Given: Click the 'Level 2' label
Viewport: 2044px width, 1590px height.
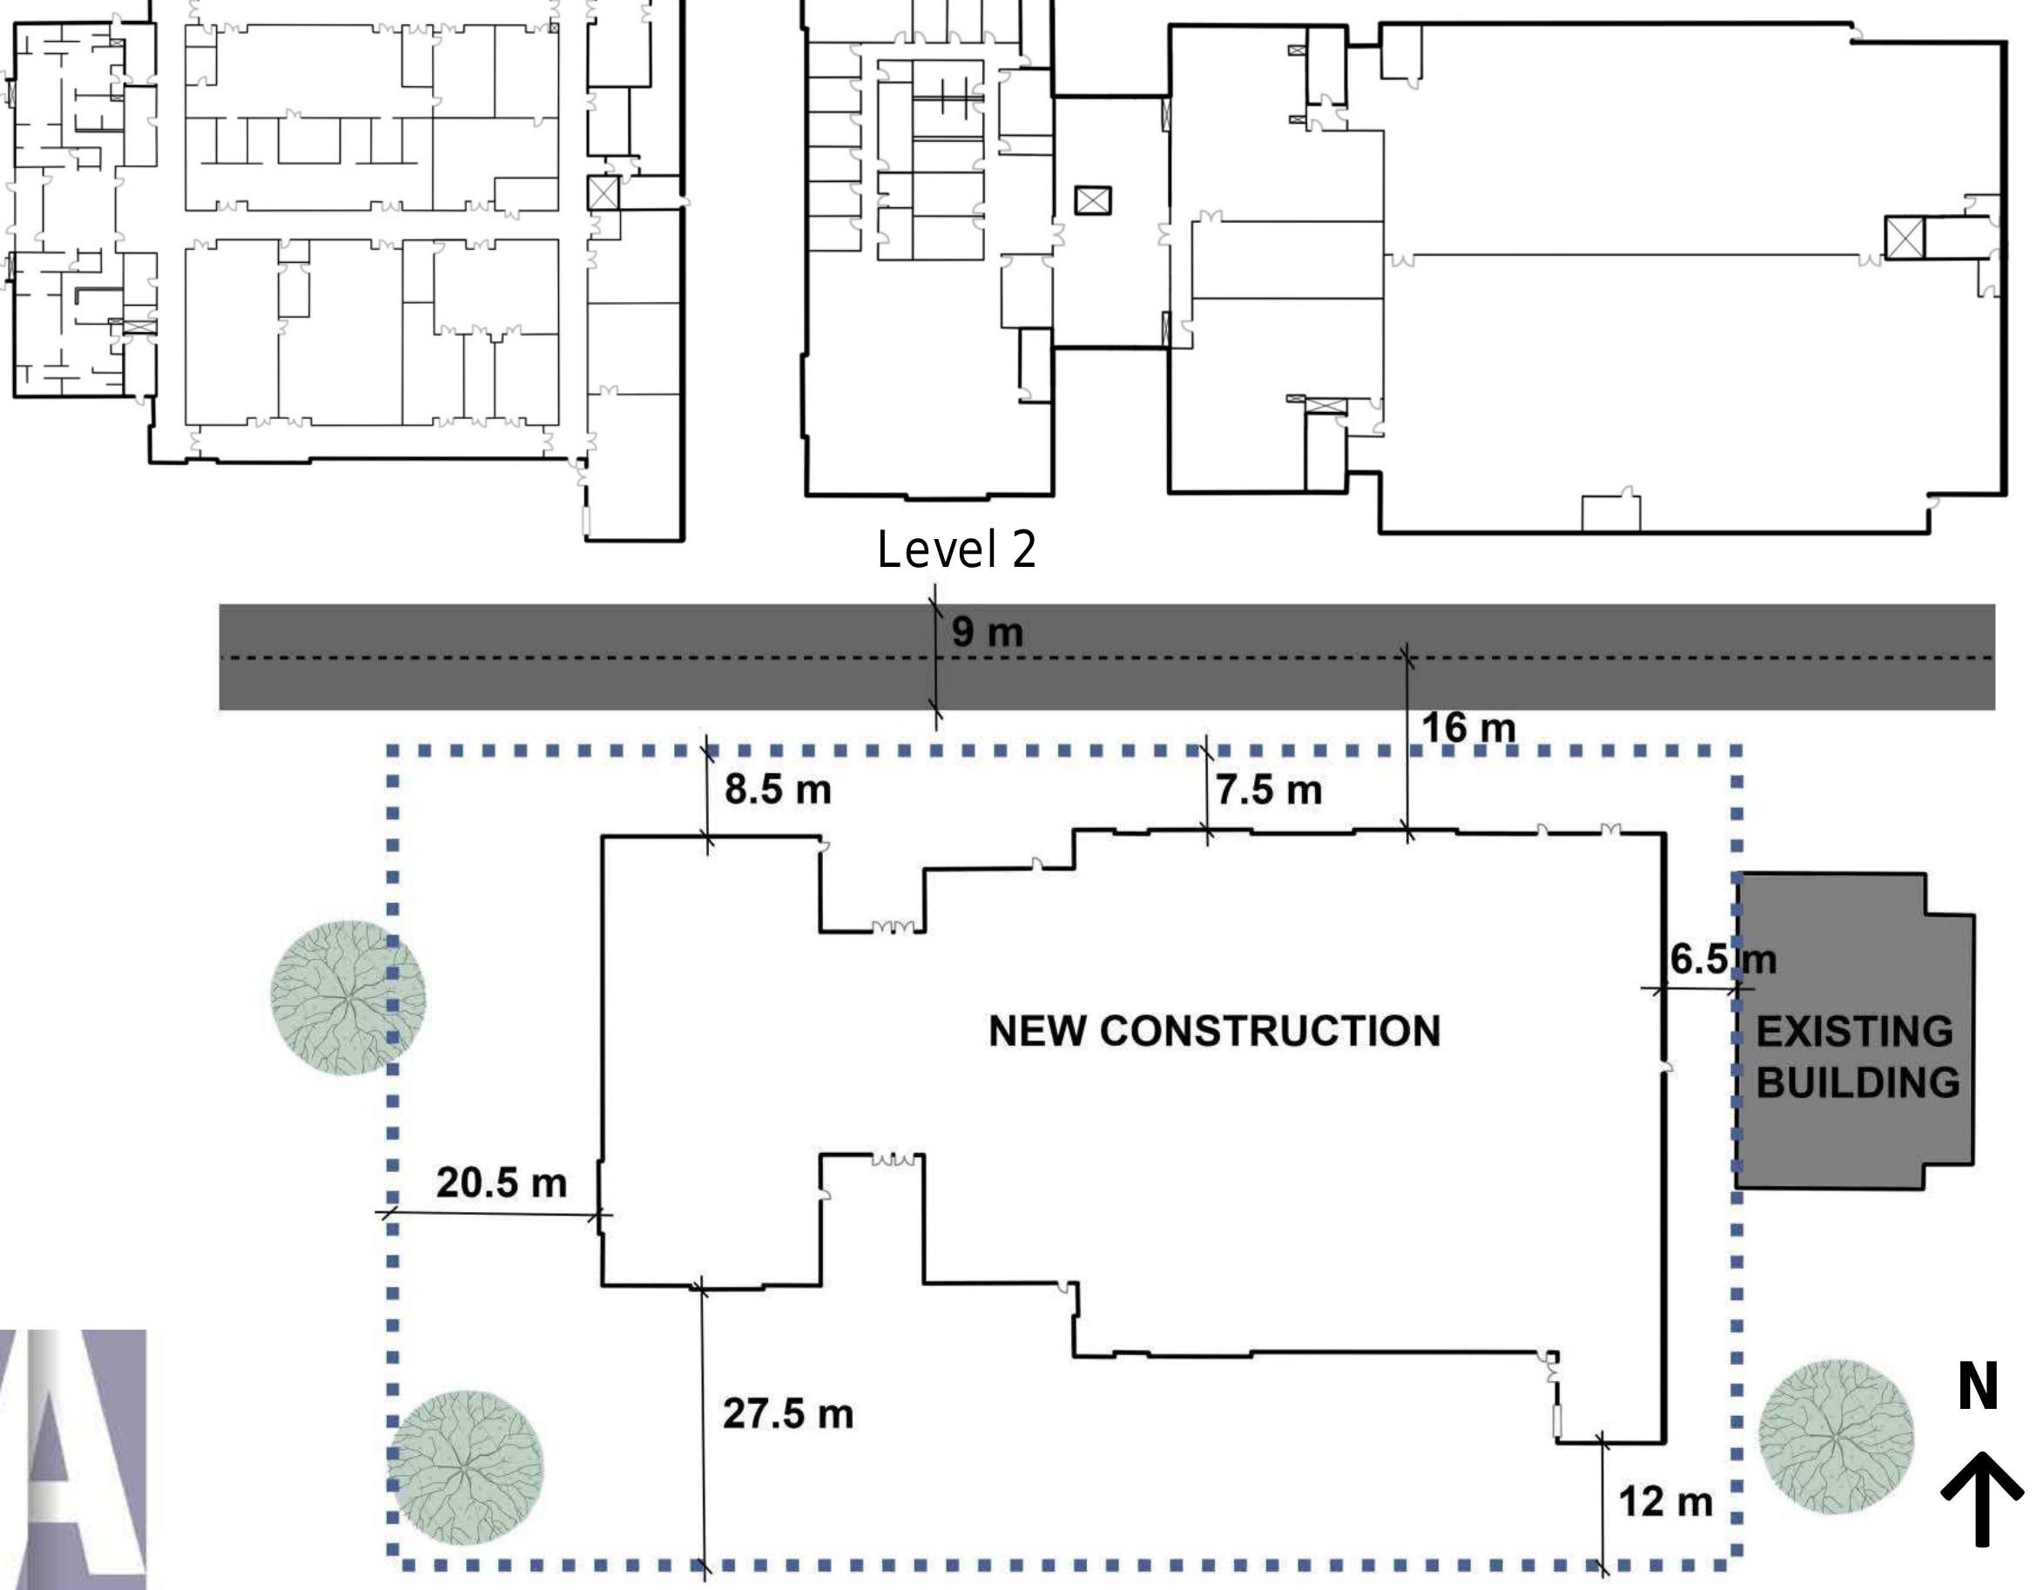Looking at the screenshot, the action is coord(956,549).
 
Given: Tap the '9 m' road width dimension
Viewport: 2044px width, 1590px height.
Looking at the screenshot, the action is coord(988,633).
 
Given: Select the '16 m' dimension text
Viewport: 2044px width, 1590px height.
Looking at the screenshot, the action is coord(1468,728).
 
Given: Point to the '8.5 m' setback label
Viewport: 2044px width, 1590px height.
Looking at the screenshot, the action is coord(778,790).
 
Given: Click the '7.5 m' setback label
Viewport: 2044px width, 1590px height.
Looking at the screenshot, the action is coord(1269,790).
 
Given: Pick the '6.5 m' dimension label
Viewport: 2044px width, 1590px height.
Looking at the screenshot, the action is coord(1723,960).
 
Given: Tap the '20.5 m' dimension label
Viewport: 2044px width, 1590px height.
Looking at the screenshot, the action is coord(502,1182).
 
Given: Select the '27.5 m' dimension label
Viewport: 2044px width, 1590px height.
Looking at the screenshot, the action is coord(788,1413).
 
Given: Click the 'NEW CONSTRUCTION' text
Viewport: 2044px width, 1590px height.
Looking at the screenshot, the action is coord(1215,1031).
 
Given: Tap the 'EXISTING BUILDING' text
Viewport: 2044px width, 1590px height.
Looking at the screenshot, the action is coord(1858,1057).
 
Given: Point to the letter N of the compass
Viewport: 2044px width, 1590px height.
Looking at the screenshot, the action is coord(1978,1387).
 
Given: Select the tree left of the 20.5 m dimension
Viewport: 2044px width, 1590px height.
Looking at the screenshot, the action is coord(347,998).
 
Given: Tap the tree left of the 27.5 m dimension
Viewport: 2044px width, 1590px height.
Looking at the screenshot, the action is coord(465,1467).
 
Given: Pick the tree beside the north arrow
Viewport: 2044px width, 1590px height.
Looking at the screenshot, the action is coord(1836,1438).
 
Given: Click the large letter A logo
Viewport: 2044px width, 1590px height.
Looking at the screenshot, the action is coord(73,1460).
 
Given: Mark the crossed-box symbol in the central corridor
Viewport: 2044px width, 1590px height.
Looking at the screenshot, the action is coord(1093,200).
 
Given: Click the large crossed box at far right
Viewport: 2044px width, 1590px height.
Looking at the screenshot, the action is coord(1904,238).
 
